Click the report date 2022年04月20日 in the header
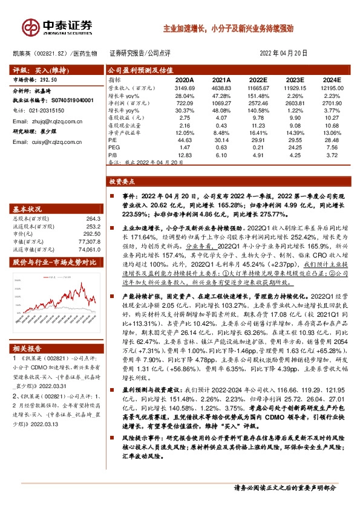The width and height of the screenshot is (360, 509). [283, 53]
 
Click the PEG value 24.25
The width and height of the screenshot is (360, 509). [295, 147]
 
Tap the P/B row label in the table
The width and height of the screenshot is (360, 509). [112, 154]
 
